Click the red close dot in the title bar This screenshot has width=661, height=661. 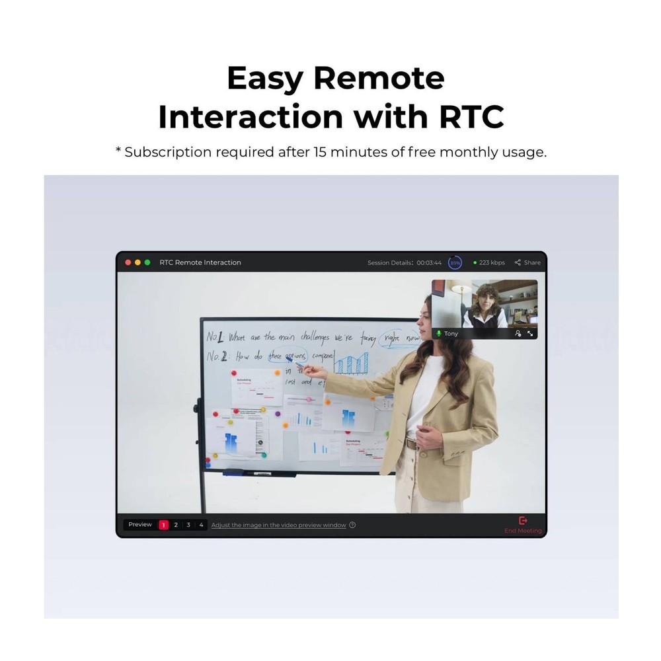(x=128, y=262)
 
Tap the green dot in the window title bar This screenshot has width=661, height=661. (x=147, y=262)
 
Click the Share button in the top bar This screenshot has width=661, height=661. (x=527, y=262)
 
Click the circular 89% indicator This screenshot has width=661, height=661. (x=455, y=262)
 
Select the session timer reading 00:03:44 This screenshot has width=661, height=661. (x=429, y=262)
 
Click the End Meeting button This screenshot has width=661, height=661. (x=523, y=525)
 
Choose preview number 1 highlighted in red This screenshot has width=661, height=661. (x=163, y=525)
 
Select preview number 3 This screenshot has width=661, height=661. (x=188, y=525)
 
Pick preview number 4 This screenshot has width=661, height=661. (x=201, y=525)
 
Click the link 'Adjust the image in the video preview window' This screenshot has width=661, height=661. (x=278, y=525)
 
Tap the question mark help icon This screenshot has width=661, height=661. (x=352, y=525)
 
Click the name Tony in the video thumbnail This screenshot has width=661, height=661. (x=451, y=334)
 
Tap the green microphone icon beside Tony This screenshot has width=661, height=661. (x=438, y=334)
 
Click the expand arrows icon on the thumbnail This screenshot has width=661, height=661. (x=530, y=334)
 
